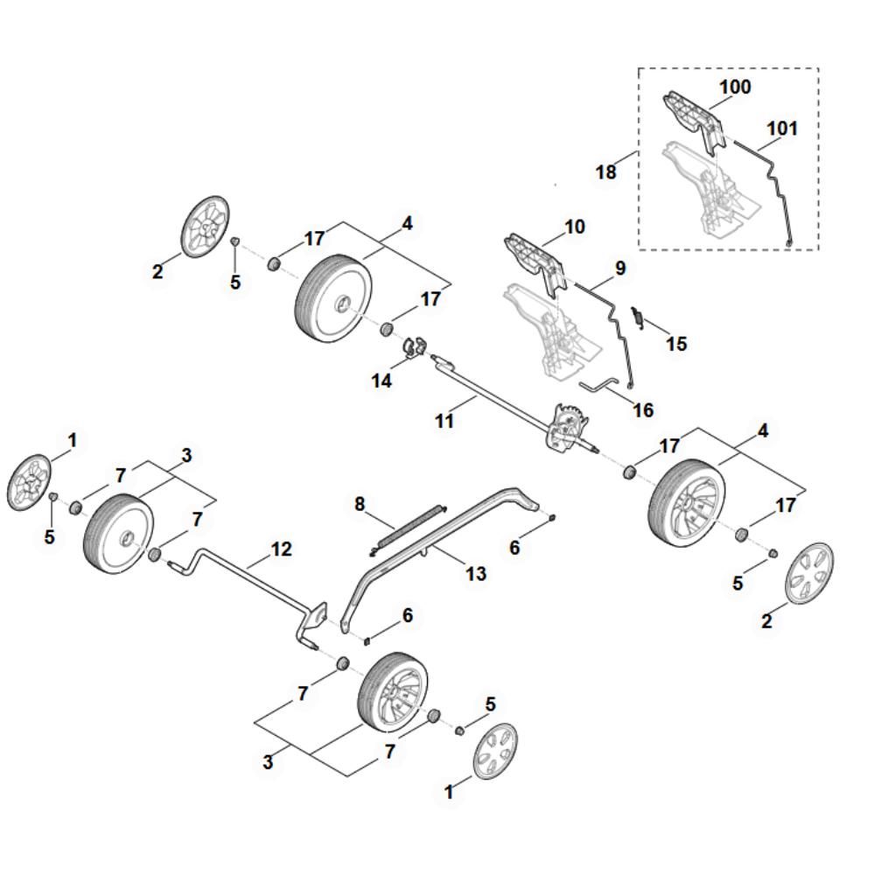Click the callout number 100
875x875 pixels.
pos(735,87)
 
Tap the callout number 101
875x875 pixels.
pos(781,129)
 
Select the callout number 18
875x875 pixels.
pos(606,171)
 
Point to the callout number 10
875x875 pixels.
pos(575,227)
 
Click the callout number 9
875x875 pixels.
pos(620,268)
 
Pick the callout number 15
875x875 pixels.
pos(676,344)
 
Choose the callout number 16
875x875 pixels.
pos(643,410)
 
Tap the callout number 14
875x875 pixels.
pos(381,381)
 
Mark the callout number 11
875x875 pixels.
pos(444,421)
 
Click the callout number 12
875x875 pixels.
pos(281,549)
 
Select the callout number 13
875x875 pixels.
pos(476,574)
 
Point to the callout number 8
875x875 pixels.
pos(360,505)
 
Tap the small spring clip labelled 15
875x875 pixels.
pos(637,318)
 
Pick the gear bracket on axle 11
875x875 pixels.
pos(568,426)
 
